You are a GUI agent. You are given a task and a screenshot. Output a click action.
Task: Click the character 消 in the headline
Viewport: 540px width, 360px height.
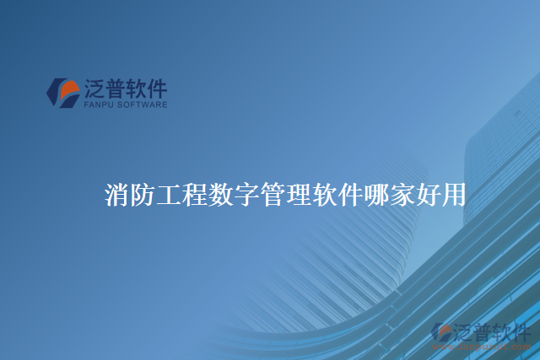(x=118, y=196)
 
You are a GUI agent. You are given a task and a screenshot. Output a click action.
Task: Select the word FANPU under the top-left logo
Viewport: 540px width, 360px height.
(x=100, y=105)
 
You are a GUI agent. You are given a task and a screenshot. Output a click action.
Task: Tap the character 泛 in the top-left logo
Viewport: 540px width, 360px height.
(x=94, y=89)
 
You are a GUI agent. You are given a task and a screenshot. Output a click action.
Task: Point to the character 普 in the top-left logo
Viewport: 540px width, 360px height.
(x=116, y=89)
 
